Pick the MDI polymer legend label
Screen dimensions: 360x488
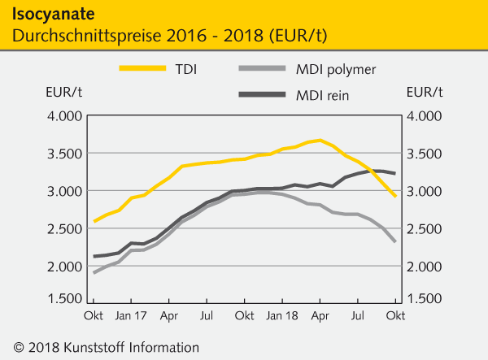337,68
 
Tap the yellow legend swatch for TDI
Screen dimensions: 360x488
143,68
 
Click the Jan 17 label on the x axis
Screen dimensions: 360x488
129,314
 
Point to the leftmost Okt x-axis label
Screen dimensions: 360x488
93,314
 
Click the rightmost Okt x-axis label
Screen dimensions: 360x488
396,314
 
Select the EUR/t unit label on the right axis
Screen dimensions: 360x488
425,91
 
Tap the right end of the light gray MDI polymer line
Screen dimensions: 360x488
396,242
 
